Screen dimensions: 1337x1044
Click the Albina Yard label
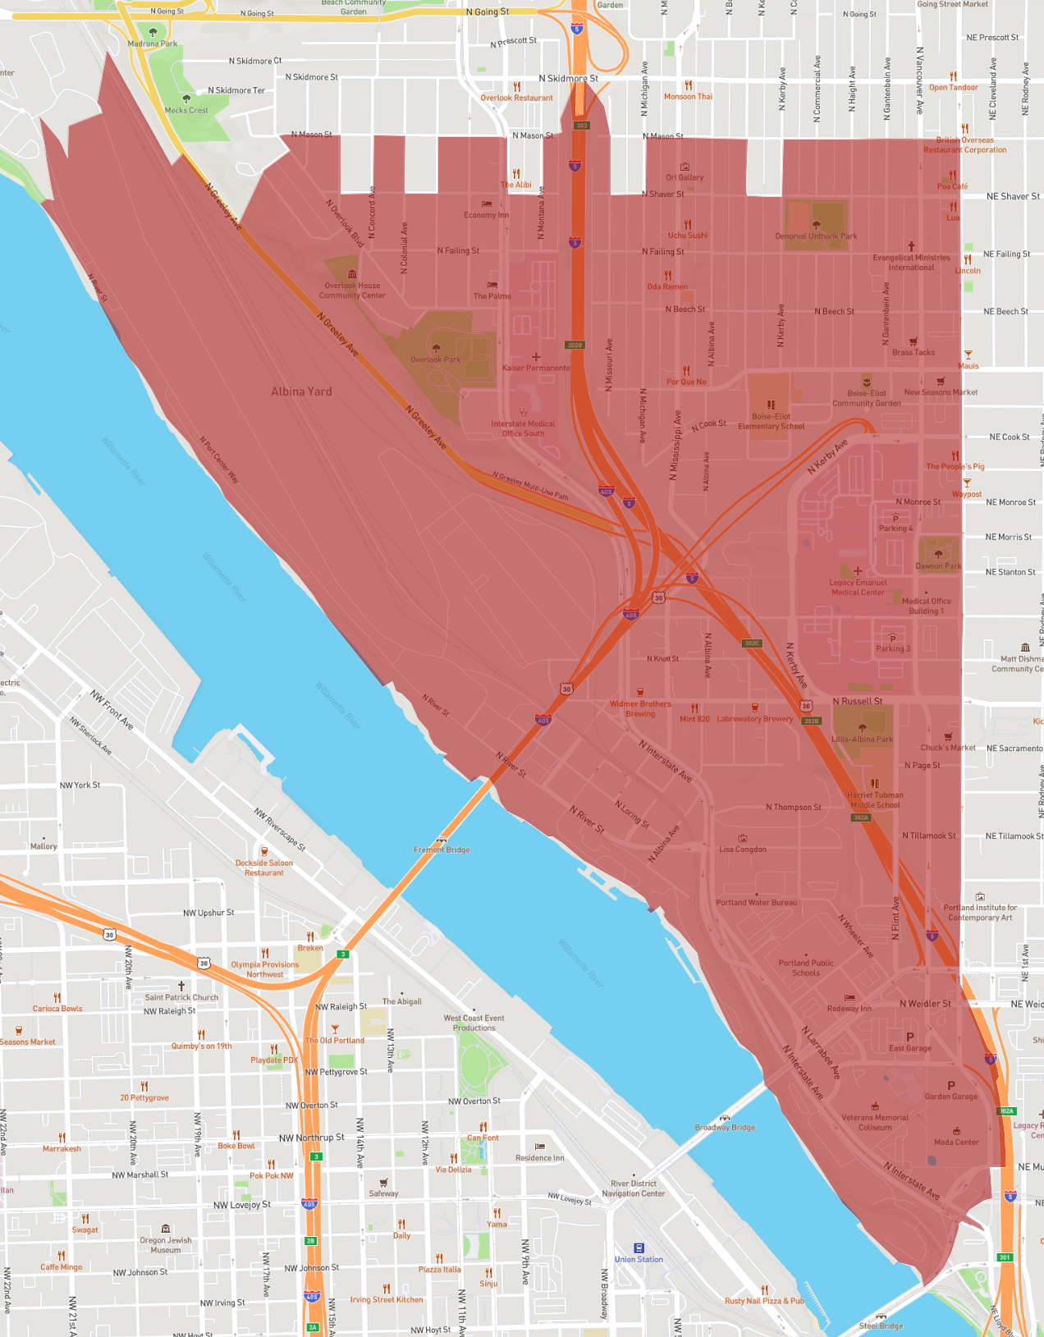[x=301, y=391]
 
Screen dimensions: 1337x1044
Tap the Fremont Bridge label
[x=442, y=849]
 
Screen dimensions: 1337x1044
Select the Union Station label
[x=639, y=1259]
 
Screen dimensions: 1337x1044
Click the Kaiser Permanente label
[x=536, y=368]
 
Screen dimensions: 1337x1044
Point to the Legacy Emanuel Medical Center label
[x=858, y=587]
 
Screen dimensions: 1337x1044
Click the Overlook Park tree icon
[x=436, y=349]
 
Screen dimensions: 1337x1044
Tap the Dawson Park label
[x=938, y=565]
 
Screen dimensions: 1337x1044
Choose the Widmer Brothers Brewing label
[x=640, y=708]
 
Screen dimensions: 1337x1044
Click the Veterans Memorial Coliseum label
[x=875, y=1122]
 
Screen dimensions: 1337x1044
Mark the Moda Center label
[x=956, y=1142]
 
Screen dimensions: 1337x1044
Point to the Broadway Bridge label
[x=725, y=1127]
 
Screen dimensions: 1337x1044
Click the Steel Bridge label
[x=881, y=1326]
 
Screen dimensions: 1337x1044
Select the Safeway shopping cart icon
[x=383, y=1183]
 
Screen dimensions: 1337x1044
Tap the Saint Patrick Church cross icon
[x=181, y=986]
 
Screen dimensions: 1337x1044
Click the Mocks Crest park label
[x=186, y=110]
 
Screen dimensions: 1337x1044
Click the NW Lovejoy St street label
[x=242, y=1205]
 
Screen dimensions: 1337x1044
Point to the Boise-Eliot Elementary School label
[x=771, y=421]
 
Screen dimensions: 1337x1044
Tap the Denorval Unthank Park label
[x=816, y=236]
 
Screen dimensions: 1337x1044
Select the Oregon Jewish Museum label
[x=166, y=1245]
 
